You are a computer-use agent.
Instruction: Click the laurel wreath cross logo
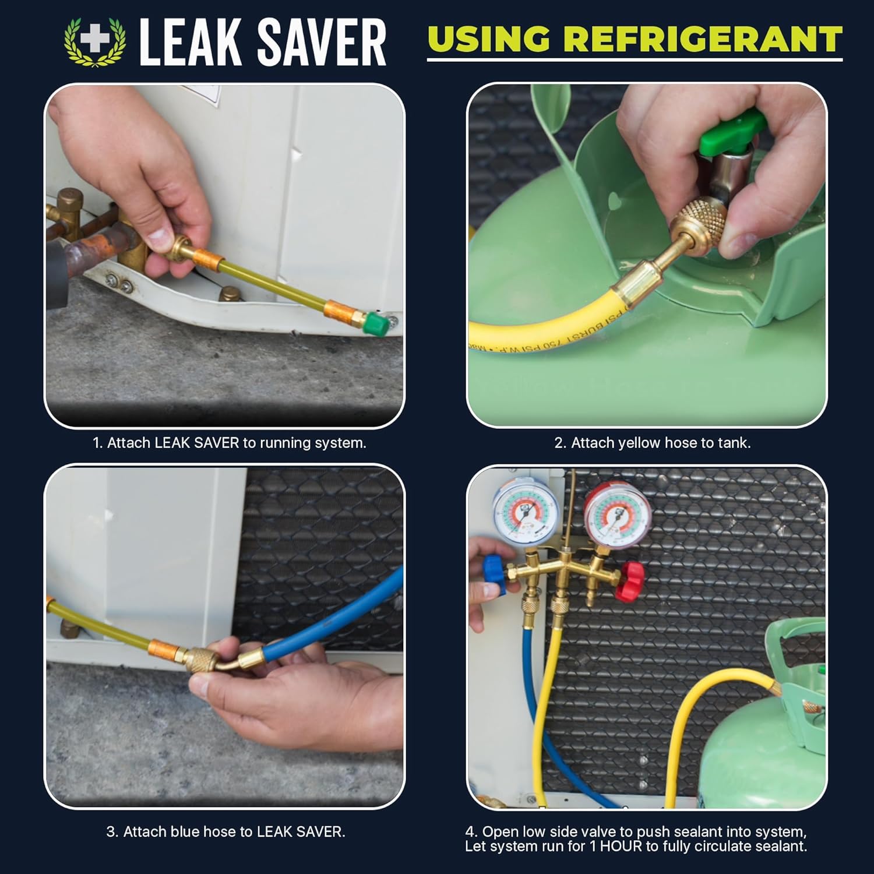point(94,41)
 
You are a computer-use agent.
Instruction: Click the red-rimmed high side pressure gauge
point(617,513)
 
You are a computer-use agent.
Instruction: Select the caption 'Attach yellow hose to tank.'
point(652,443)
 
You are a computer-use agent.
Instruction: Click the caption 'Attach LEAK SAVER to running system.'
point(230,443)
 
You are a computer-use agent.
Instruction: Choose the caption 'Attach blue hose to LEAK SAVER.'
point(225,831)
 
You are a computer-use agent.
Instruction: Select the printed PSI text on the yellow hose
point(548,332)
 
